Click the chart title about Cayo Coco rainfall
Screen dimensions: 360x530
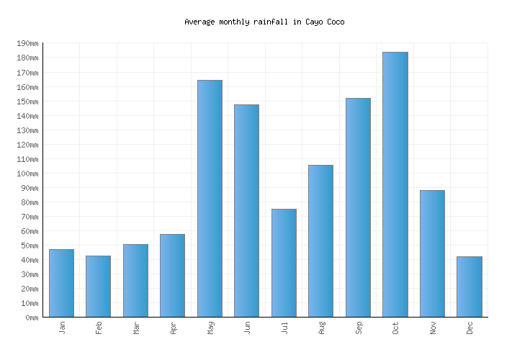pos(264,22)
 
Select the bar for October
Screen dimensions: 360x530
pos(395,184)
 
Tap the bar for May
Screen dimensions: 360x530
pos(210,198)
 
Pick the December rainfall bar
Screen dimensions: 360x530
pos(469,287)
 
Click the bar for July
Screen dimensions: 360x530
pos(284,263)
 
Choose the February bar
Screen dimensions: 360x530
pos(98,286)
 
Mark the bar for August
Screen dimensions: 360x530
pos(320,240)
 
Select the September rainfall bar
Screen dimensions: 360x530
pos(358,207)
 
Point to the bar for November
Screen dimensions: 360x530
pos(432,253)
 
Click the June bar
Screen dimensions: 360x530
pos(246,210)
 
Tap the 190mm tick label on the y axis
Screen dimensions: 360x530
pos(27,44)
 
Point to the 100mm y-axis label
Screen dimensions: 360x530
pos(27,174)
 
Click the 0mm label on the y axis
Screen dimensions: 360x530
pos(31,318)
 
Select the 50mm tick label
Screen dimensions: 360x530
pos(29,246)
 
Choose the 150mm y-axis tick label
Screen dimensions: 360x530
pos(27,102)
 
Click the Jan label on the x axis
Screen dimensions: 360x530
pos(62,328)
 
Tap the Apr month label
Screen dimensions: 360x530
pos(173,328)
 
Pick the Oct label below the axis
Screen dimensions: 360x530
pos(395,328)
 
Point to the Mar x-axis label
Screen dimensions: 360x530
pos(136,328)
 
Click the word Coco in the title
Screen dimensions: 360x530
pos(335,22)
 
